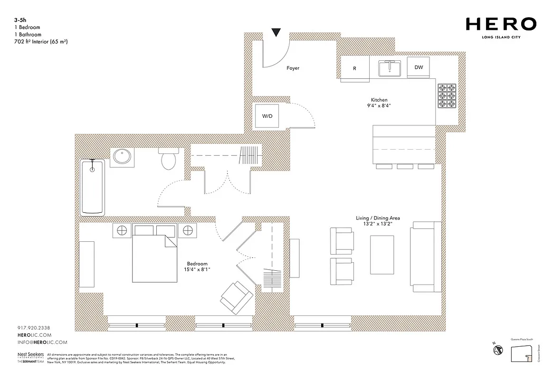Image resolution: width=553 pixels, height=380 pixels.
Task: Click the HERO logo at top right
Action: point(501,24)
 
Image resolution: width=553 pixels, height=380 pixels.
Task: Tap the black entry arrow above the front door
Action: point(276,32)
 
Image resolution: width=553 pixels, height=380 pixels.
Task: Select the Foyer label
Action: point(293,68)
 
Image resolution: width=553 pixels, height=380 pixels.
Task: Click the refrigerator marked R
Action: point(355,68)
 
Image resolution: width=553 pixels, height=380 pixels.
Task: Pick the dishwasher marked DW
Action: point(419,67)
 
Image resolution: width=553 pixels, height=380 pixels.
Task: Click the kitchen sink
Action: point(390,68)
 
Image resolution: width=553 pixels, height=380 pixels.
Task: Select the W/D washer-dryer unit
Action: point(267,116)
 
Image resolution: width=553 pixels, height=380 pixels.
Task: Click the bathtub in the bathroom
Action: point(93,187)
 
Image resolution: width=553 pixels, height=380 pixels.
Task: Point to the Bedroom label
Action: point(197,264)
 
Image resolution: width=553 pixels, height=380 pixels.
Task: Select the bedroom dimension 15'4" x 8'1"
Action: point(197,270)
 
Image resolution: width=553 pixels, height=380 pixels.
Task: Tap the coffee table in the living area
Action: point(381,255)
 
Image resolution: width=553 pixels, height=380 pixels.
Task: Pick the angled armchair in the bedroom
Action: point(236,297)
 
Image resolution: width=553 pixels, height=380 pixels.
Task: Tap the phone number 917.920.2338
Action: point(33,328)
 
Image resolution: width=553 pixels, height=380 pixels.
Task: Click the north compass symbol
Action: point(498,350)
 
